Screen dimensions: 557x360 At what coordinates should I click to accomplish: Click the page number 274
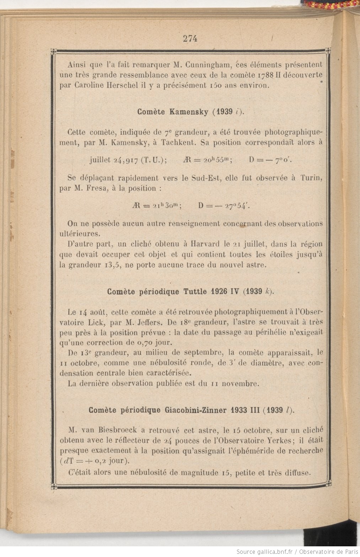[x=190, y=39]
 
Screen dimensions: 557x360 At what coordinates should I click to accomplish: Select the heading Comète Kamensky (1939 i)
[x=191, y=112]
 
